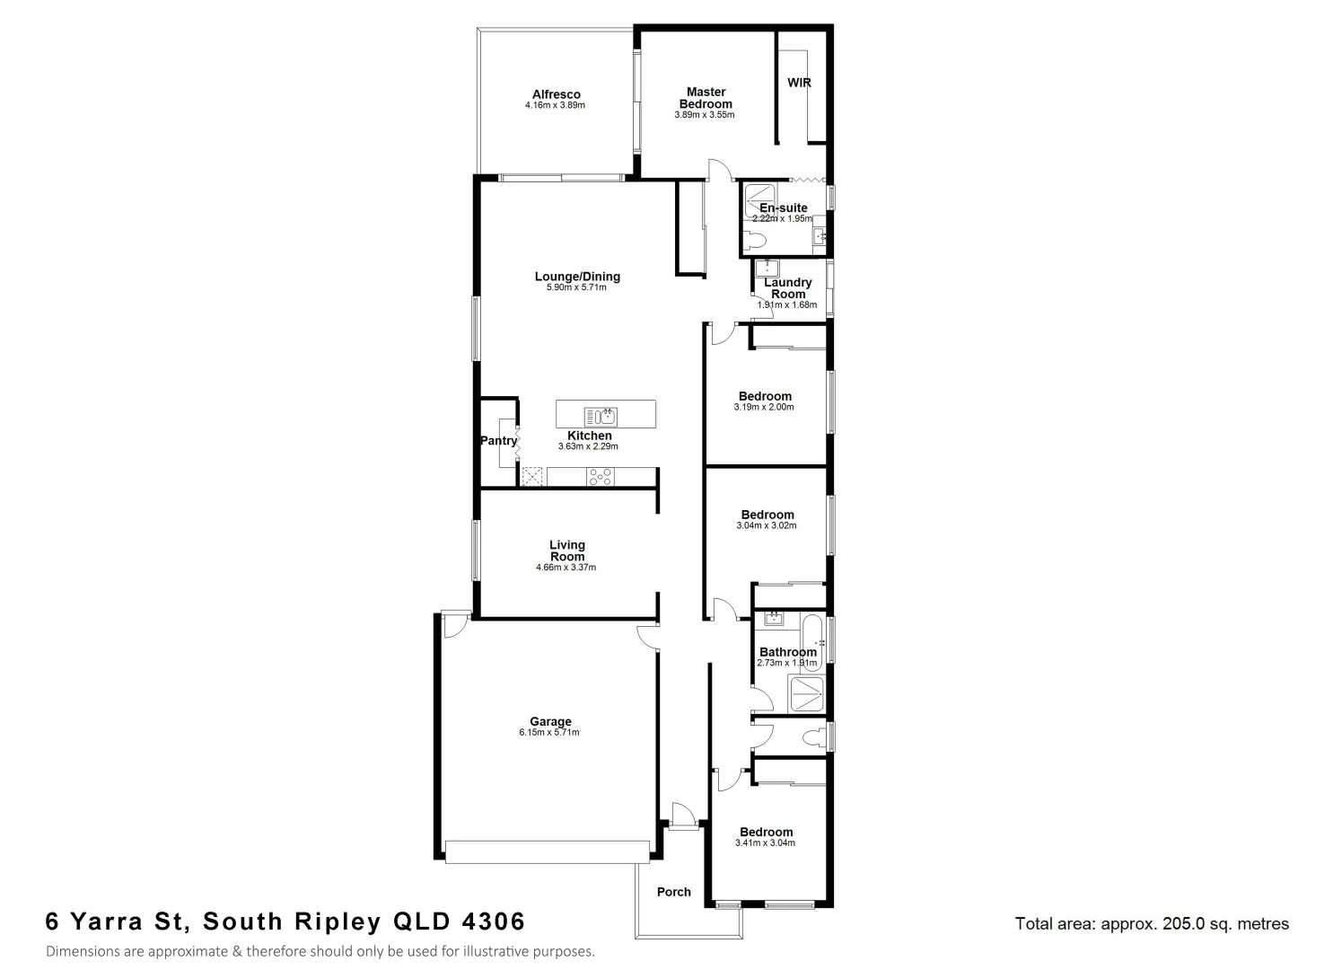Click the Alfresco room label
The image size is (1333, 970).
coord(556,94)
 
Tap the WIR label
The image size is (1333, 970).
coord(799,83)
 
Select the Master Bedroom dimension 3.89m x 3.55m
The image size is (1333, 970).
coord(705,115)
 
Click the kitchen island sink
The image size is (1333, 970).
coord(601,415)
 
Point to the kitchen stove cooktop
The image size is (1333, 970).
coord(600,477)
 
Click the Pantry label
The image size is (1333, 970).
coord(498,441)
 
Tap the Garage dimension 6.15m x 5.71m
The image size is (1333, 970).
coord(549,733)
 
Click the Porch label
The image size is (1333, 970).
coord(674,892)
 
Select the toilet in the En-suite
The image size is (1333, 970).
coord(756,240)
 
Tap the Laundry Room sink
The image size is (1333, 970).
coord(767,269)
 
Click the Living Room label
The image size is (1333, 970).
coord(567,551)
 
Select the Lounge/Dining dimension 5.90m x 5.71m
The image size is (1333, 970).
coord(577,287)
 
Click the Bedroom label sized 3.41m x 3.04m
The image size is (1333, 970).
coord(766,832)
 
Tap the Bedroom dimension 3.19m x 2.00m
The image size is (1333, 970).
coord(764,408)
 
